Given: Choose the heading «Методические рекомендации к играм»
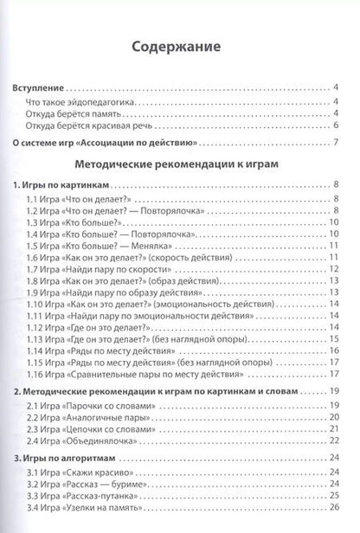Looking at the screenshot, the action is click(180, 165).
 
